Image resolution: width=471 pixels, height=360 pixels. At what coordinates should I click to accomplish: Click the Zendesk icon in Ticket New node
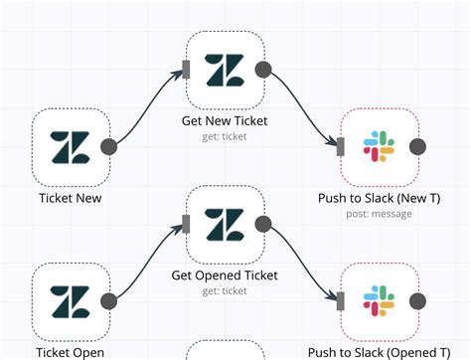[x=71, y=146]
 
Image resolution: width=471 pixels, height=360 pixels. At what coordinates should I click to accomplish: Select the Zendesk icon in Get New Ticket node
[x=225, y=70]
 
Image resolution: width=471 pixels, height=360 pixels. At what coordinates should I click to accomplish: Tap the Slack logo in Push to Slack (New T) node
[x=379, y=147]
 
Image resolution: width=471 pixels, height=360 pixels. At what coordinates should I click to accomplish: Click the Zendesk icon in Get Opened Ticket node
[x=225, y=223]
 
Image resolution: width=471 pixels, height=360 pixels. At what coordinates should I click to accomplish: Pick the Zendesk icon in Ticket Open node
[x=71, y=300]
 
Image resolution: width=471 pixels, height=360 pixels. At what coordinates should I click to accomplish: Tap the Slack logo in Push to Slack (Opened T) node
[x=379, y=300]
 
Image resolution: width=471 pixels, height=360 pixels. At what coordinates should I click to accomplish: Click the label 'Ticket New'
[x=71, y=198]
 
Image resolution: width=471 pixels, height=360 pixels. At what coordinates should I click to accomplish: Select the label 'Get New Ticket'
[x=225, y=121]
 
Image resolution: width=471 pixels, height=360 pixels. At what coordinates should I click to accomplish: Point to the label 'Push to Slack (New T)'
[x=379, y=198]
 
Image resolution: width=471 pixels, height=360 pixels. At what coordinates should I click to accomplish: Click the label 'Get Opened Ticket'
[x=225, y=274]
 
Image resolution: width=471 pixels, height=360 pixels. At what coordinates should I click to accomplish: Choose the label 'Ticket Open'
[x=71, y=351]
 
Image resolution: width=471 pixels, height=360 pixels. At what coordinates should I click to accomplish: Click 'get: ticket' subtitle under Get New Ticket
[x=225, y=137]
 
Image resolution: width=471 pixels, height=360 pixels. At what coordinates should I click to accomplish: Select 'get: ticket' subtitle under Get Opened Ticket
[x=225, y=290]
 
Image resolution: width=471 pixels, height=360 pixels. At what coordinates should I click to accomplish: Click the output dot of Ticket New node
[x=109, y=146]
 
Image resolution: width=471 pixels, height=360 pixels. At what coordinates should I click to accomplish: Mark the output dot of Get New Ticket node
[x=263, y=70]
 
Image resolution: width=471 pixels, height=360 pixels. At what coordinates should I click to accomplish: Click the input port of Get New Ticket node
[x=186, y=70]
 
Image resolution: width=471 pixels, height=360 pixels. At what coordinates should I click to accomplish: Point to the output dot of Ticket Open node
[x=109, y=300]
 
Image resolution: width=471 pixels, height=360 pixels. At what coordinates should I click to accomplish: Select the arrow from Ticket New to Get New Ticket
[x=149, y=104]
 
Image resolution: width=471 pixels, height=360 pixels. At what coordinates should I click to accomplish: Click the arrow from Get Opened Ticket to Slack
[x=303, y=264]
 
